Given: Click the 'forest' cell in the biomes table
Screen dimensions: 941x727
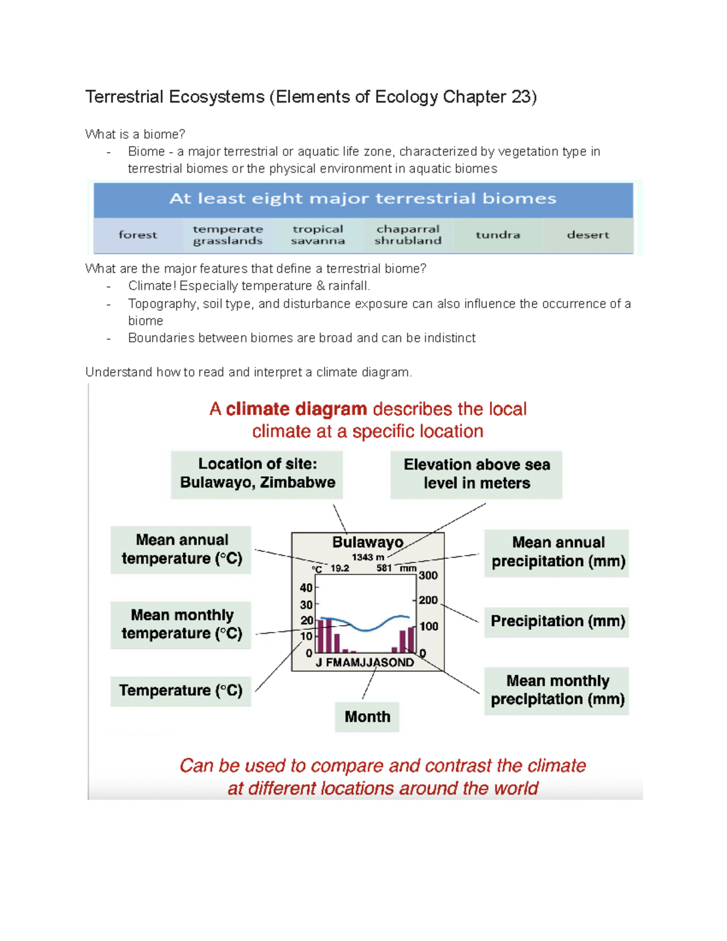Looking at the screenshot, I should tap(138, 235).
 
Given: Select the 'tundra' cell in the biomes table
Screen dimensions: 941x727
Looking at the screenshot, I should tap(497, 235).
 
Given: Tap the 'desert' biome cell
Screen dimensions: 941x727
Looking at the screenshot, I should tap(588, 235).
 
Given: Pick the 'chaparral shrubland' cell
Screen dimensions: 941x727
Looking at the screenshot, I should tap(408, 235).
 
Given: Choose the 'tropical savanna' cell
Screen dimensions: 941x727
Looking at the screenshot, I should tap(317, 235).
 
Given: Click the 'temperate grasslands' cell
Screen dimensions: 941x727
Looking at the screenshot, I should tap(228, 235).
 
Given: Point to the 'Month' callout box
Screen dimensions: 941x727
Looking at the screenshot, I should tap(367, 717).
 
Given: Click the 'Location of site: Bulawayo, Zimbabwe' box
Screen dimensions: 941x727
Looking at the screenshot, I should tap(257, 474).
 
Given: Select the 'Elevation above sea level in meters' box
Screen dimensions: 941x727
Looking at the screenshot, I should tap(476, 474).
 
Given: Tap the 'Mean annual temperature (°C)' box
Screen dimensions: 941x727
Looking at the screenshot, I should tap(181, 550).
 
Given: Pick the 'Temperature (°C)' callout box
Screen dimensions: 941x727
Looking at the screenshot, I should tap(181, 691).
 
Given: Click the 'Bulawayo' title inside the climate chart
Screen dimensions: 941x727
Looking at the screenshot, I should tap(367, 542).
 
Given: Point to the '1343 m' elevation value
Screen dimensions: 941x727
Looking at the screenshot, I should tap(368, 557).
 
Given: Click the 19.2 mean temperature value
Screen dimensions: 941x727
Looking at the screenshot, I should tap(340, 568).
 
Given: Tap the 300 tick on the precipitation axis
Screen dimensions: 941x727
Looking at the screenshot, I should tap(428, 576).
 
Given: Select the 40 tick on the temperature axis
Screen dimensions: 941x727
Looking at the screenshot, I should tap(306, 588).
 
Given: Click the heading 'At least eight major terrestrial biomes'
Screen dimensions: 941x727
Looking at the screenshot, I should tap(362, 199).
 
